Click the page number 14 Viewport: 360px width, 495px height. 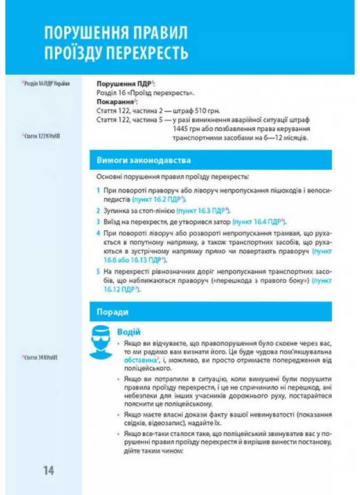48,470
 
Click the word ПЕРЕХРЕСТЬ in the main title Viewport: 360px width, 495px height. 146,52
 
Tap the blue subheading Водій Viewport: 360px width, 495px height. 129,332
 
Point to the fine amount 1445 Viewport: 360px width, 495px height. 181,129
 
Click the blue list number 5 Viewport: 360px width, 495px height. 98,272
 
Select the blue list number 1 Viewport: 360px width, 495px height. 98,190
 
